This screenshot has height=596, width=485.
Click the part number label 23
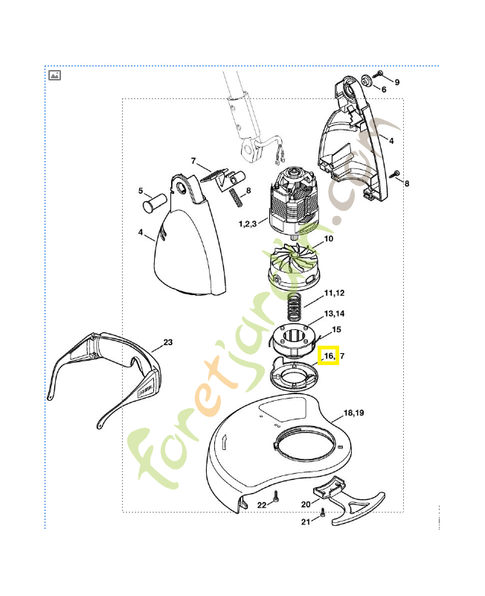[167, 342]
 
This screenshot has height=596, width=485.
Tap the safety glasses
[103, 375]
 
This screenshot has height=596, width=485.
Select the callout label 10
[328, 238]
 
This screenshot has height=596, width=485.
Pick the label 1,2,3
[248, 223]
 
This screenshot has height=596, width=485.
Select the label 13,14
[334, 314]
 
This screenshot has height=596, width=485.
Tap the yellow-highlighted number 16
[329, 356]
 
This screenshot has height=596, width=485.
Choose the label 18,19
[353, 413]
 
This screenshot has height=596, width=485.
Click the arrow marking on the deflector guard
[225, 442]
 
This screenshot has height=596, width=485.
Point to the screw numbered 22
[276, 496]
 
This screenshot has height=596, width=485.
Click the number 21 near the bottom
[306, 522]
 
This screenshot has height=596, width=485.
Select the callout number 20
[306, 504]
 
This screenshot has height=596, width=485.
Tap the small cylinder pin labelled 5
[155, 202]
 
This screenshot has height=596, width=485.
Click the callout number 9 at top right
[397, 82]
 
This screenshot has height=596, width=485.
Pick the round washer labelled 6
[367, 80]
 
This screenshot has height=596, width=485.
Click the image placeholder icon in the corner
[54, 75]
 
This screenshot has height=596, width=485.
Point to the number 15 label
[336, 329]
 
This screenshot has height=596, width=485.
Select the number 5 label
[141, 191]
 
